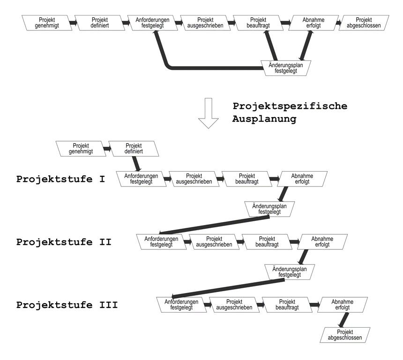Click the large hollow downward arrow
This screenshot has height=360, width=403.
point(209,112)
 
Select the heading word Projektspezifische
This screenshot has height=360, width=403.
point(290,106)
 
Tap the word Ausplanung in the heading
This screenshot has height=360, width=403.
point(264,119)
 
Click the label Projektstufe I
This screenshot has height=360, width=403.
point(60,179)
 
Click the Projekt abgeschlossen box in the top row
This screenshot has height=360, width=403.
point(364,22)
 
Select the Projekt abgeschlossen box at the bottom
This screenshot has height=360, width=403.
point(345,335)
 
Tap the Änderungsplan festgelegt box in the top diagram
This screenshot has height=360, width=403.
point(285,68)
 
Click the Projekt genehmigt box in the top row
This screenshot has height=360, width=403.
point(47,22)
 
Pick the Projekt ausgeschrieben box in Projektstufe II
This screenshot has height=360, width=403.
point(214,241)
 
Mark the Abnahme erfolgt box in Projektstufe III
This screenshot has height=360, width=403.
point(342,305)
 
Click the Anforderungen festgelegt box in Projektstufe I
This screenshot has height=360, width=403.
point(141,179)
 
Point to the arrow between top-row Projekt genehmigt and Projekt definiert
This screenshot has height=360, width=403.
point(73,22)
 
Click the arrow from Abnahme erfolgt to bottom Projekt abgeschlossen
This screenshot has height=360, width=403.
point(343,320)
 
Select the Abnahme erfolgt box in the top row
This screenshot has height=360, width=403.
point(313,22)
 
